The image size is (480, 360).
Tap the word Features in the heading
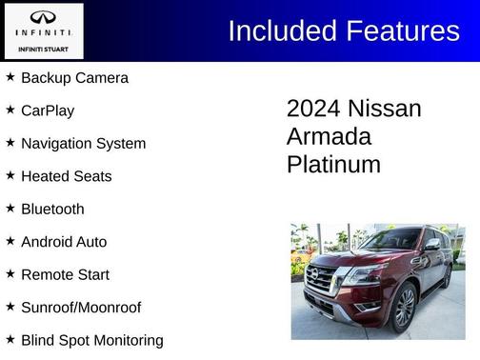tap(402, 30)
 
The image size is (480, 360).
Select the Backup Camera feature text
tap(74, 78)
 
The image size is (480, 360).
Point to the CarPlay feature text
tap(48, 110)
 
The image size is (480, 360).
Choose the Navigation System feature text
tap(83, 144)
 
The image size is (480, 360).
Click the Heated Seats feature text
tap(66, 176)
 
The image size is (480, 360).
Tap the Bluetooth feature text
tap(52, 210)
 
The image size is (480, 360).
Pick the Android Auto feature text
tap(64, 242)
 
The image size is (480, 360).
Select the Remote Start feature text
tap(65, 275)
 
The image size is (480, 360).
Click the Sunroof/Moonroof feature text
tap(81, 308)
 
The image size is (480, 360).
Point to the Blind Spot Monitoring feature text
tap(91, 340)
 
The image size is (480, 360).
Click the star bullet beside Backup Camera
tap(10, 77)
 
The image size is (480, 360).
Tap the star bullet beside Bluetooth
tap(10, 209)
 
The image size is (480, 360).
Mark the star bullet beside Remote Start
tap(10, 274)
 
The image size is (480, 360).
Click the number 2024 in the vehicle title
tap(313, 109)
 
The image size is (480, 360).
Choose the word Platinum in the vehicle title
tap(333, 165)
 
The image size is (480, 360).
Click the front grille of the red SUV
tap(321, 280)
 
